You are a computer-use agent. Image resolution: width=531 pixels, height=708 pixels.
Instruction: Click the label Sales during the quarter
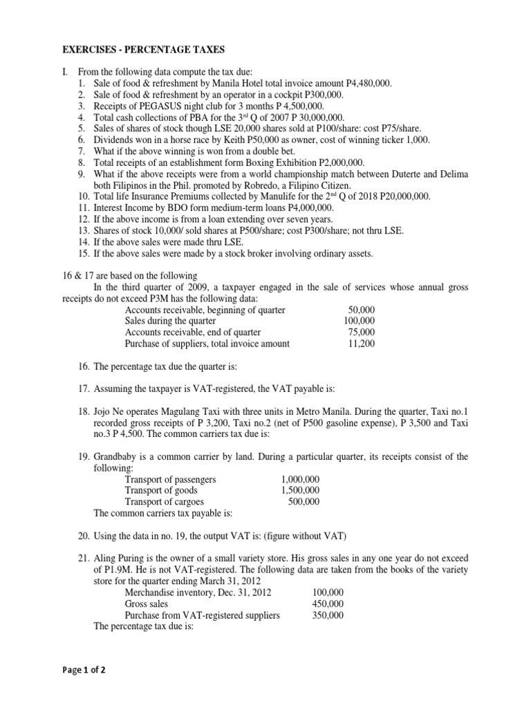click(x=170, y=321)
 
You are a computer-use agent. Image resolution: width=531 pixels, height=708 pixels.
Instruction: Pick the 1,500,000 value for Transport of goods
click(x=300, y=490)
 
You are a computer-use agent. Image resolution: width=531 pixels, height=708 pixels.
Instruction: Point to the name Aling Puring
click(x=120, y=557)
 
